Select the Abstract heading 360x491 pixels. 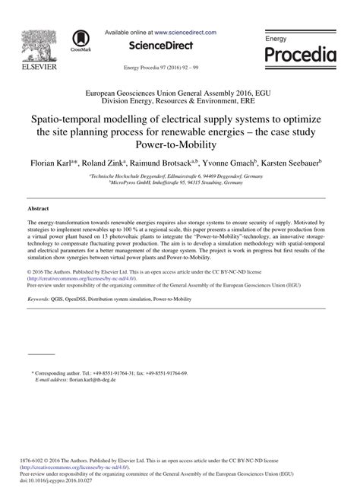pyautogui.click(x=38, y=207)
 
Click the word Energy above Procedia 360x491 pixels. pyautogui.click(x=276, y=37)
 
